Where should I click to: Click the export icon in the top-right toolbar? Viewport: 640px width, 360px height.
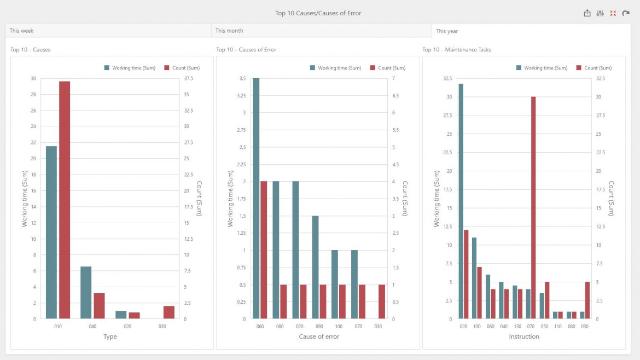point(587,13)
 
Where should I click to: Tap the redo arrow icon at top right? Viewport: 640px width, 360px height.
point(626,13)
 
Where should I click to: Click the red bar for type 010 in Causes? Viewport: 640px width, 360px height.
point(65,200)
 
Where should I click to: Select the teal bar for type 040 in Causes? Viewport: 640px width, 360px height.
point(86,292)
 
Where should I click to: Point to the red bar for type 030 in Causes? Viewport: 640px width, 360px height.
point(169,312)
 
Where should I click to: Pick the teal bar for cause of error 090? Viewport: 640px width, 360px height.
point(315,267)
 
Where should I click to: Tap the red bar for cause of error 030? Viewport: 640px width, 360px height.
point(382,301)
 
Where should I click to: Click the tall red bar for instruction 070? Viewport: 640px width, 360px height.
point(533,207)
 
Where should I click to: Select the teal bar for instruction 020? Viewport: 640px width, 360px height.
point(461,201)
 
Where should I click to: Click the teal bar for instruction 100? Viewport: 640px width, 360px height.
point(474,278)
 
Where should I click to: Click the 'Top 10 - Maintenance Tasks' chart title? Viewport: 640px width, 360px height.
point(456,50)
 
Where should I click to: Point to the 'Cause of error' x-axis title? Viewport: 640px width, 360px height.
point(319,336)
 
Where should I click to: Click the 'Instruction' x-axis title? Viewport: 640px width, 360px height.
point(524,336)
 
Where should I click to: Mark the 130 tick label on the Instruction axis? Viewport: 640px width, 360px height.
point(517,326)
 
